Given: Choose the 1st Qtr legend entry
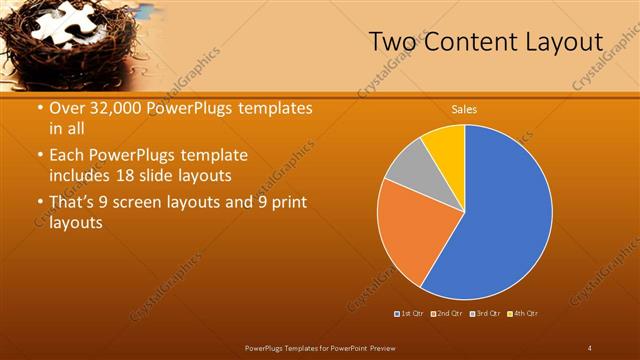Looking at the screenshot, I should point(409,314).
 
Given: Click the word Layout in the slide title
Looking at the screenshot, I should point(560,43).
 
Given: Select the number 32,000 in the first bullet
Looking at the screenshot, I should point(114,108).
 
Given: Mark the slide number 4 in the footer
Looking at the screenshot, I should point(591,346).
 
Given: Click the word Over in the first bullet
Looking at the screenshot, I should point(67,108).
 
